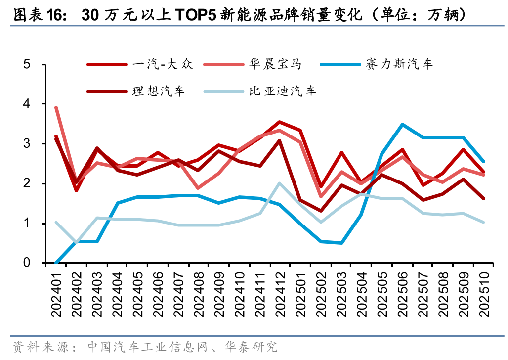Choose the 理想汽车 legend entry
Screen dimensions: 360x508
click(x=158, y=91)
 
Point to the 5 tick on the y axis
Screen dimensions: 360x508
click(x=28, y=64)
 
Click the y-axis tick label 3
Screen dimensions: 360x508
click(x=28, y=144)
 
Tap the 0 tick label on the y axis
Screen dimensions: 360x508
click(x=28, y=263)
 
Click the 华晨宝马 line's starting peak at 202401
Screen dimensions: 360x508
click(x=56, y=108)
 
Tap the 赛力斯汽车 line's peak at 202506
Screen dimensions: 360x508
click(x=403, y=125)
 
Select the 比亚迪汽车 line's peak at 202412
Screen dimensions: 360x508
click(x=279, y=183)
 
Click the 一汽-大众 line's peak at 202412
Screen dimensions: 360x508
click(x=279, y=122)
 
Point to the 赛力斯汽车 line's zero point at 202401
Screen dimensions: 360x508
click(x=56, y=263)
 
